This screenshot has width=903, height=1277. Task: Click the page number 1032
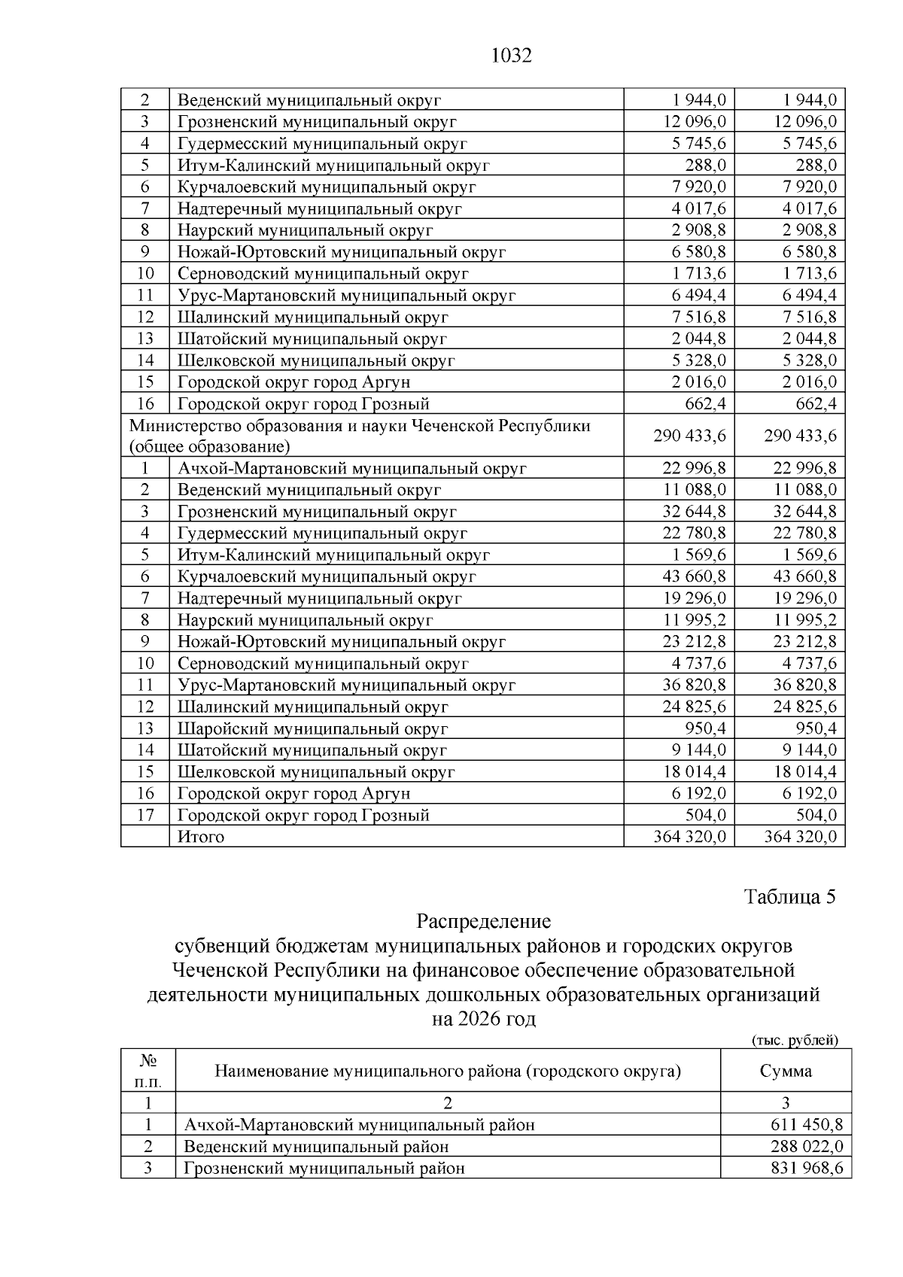tap(511, 56)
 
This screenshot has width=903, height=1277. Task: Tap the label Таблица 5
tap(789, 897)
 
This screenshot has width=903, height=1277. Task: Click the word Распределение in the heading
tap(483, 921)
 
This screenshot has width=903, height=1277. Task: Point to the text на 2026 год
tap(483, 1019)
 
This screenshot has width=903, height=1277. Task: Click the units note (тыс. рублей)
tap(795, 1040)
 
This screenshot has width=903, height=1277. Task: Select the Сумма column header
tap(786, 1071)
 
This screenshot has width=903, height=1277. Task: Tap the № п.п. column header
tap(148, 1071)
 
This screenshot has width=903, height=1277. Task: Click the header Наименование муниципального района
tap(448, 1071)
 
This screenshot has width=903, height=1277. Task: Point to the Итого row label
tap(200, 837)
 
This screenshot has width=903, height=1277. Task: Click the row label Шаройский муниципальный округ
tap(312, 728)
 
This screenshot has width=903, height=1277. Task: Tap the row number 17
tap(145, 815)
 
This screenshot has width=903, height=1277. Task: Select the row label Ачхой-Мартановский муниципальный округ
tap(351, 468)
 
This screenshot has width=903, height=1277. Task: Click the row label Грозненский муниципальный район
tap(324, 1169)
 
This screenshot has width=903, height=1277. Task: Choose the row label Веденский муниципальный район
tap(316, 1147)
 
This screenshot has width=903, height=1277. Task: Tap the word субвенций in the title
tap(220, 946)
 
